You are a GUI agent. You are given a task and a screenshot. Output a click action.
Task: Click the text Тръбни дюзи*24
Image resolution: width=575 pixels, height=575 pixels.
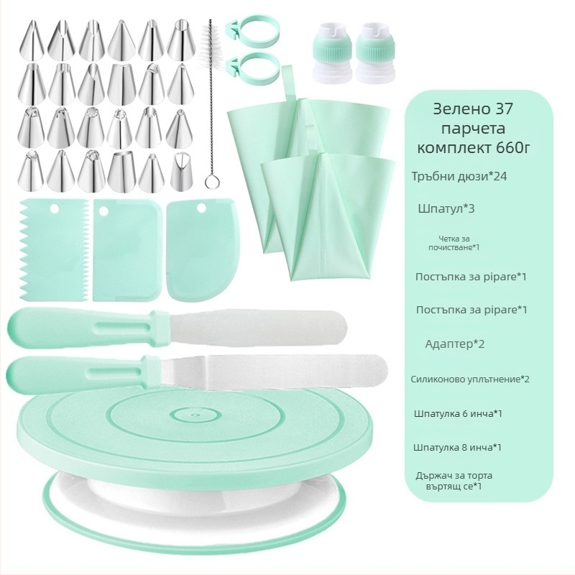tap(459, 176)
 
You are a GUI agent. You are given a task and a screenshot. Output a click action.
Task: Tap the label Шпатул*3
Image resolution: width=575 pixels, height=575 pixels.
tap(446, 208)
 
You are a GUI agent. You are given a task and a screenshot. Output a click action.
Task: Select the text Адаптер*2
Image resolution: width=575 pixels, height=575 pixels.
tap(455, 344)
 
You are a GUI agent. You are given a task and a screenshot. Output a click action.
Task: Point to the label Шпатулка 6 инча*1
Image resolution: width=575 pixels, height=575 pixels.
tap(458, 414)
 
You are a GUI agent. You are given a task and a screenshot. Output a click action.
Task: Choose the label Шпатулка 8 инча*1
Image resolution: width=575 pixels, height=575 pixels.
tap(457, 447)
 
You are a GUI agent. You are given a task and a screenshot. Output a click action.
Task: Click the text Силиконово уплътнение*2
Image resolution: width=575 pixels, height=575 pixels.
tap(470, 379)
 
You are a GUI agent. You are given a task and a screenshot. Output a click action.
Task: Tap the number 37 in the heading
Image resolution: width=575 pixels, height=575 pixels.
tap(504, 109)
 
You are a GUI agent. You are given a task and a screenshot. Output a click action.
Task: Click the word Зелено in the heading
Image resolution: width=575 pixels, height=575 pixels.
tap(461, 109)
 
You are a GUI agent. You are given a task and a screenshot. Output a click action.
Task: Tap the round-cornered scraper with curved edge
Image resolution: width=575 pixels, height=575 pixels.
tap(203, 250)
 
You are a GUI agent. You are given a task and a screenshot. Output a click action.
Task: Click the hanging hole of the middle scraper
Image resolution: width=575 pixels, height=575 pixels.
tap(103, 211)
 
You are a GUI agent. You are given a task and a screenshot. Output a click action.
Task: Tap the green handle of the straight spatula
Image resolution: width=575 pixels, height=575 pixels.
tap(88, 328)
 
